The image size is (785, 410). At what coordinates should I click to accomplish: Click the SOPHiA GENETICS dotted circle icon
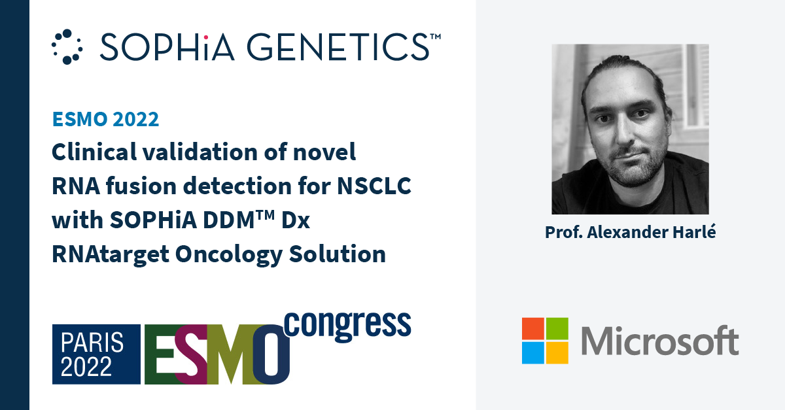pyautogui.click(x=67, y=46)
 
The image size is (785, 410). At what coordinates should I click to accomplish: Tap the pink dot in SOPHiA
pyautogui.click(x=205, y=37)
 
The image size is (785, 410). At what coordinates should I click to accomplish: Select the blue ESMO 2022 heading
pyautogui.click(x=105, y=119)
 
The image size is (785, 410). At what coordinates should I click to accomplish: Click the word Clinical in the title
pyautogui.click(x=94, y=152)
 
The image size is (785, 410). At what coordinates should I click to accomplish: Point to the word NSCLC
pyautogui.click(x=374, y=186)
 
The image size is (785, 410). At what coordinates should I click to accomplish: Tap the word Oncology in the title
pyautogui.click(x=229, y=255)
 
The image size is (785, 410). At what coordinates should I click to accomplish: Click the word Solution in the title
pyautogui.click(x=337, y=254)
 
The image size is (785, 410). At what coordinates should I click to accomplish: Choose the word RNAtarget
pyautogui.click(x=111, y=255)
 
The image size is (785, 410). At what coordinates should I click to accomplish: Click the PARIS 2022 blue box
pyautogui.click(x=96, y=354)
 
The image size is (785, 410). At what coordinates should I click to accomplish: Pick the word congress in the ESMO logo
pyautogui.click(x=347, y=325)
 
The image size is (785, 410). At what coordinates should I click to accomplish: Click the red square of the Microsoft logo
pyautogui.click(x=533, y=329)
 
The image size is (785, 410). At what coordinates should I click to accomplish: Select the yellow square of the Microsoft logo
pyautogui.click(x=557, y=353)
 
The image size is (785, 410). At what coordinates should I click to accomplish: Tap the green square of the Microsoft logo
pyautogui.click(x=557, y=329)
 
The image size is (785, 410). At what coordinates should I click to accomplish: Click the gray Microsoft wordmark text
pyautogui.click(x=660, y=341)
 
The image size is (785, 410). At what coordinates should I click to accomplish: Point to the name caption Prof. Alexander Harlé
pyautogui.click(x=630, y=232)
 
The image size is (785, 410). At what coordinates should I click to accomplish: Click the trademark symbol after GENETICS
pyautogui.click(x=435, y=37)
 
